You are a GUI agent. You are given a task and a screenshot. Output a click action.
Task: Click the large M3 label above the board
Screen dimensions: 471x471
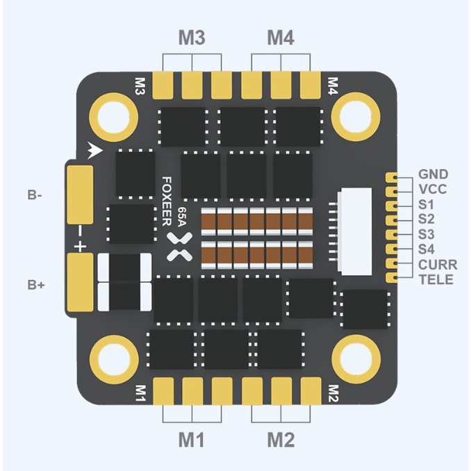192,38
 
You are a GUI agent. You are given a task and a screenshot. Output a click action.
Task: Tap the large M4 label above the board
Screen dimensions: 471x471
281,38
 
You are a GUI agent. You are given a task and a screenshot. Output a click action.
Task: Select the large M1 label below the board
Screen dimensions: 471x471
191,440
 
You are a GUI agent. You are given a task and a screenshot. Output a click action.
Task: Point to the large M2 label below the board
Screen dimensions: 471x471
281,440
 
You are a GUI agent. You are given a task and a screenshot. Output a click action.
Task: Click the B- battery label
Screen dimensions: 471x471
35,195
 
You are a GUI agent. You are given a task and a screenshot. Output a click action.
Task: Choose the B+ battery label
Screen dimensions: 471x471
36,285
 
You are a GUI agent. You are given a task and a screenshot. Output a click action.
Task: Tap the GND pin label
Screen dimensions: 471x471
433,174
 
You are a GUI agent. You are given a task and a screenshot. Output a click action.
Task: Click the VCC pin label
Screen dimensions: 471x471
433,189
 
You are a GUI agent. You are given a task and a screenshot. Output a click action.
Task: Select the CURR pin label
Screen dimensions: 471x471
438,265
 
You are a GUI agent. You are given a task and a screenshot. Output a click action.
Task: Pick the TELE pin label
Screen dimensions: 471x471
436,280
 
